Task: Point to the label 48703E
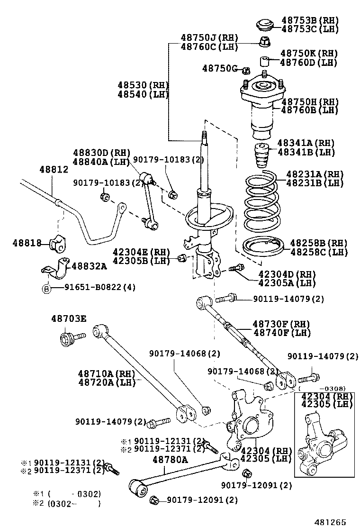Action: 69,319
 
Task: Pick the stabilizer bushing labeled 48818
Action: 57,243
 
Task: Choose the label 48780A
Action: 170,459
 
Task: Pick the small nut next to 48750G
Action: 245,71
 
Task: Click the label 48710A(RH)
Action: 107,373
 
